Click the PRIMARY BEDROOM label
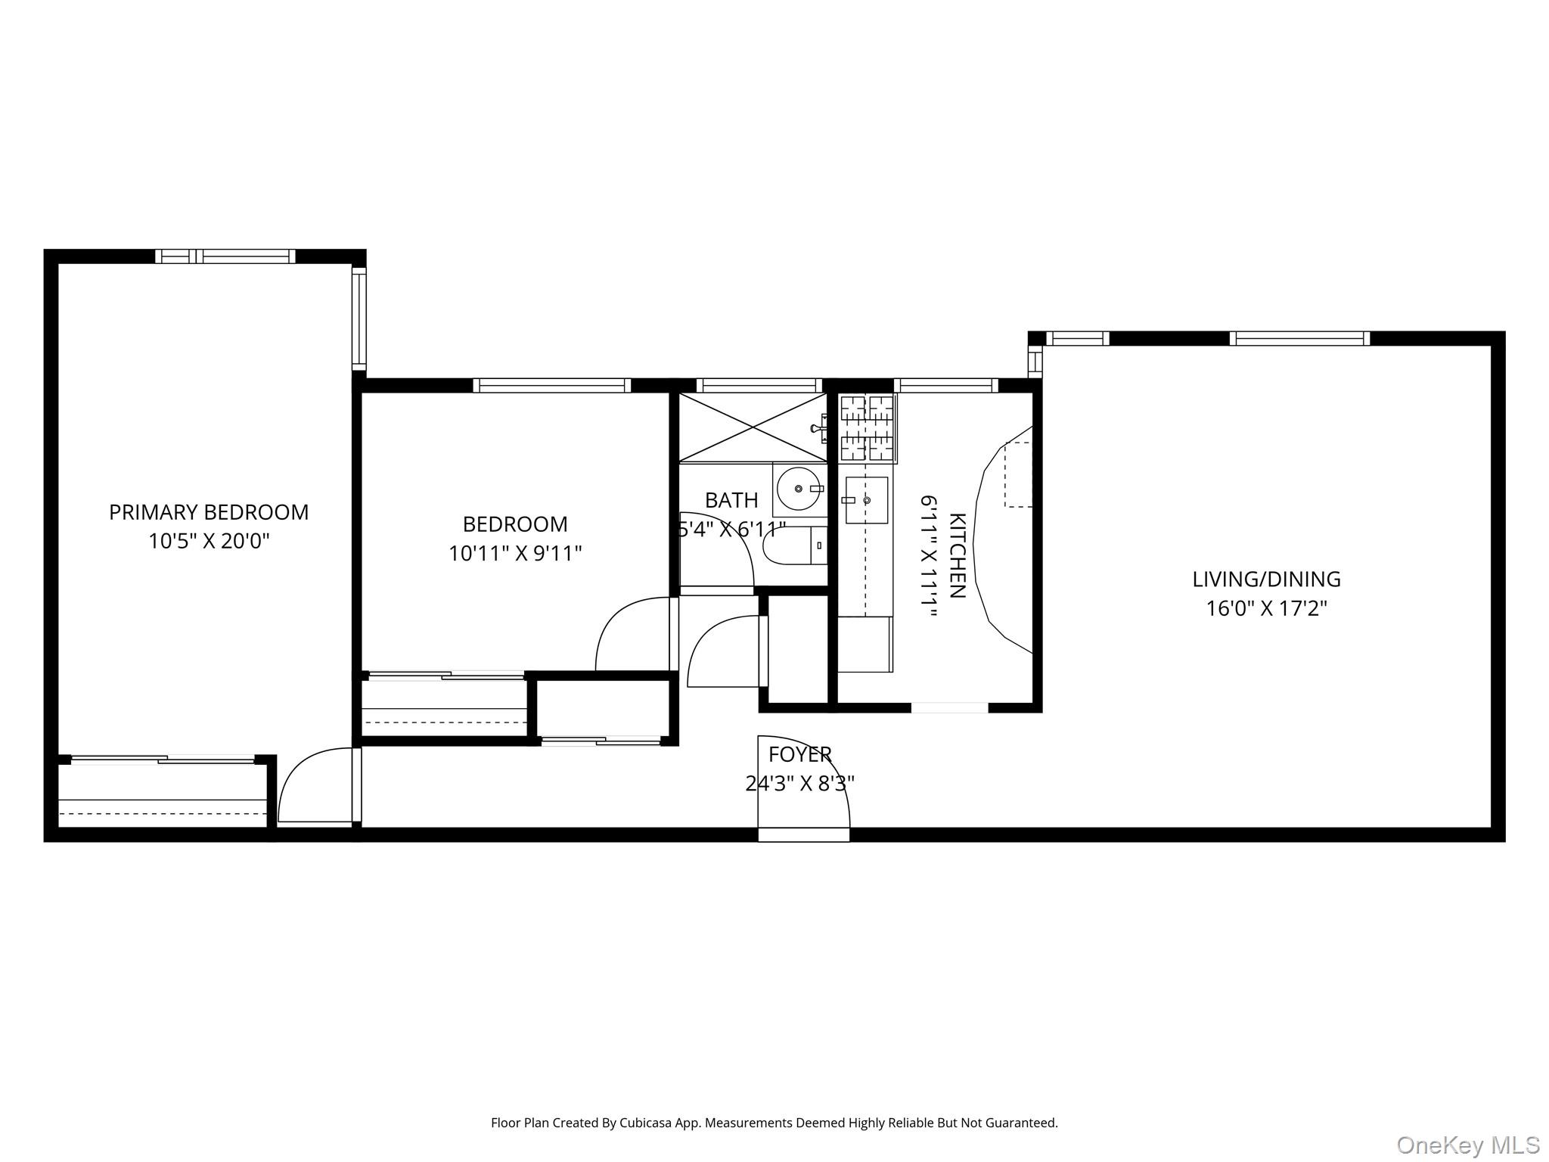tap(209, 512)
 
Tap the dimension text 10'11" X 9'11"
tap(515, 554)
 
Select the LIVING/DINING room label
tap(1266, 579)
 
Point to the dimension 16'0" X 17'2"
tap(1266, 608)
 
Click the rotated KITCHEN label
tap(957, 555)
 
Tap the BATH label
tap(731, 500)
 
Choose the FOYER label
tap(799, 754)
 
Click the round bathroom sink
tap(799, 489)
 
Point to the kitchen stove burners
tap(867, 428)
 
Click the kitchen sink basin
tap(866, 500)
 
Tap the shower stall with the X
tap(753, 427)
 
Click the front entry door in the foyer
tap(803, 787)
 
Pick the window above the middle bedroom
tap(552, 386)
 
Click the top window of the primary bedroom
tap(225, 256)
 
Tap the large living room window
tap(1299, 339)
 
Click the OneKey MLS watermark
tap(1467, 1145)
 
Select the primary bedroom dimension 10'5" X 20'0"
tap(209, 542)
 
